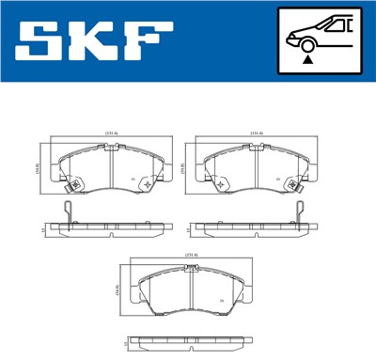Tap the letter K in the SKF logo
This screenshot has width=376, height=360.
click(x=92, y=40)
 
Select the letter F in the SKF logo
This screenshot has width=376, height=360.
click(x=147, y=40)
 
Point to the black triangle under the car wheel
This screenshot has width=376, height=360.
click(x=306, y=58)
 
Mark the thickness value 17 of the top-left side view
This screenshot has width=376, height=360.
click(x=43, y=228)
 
